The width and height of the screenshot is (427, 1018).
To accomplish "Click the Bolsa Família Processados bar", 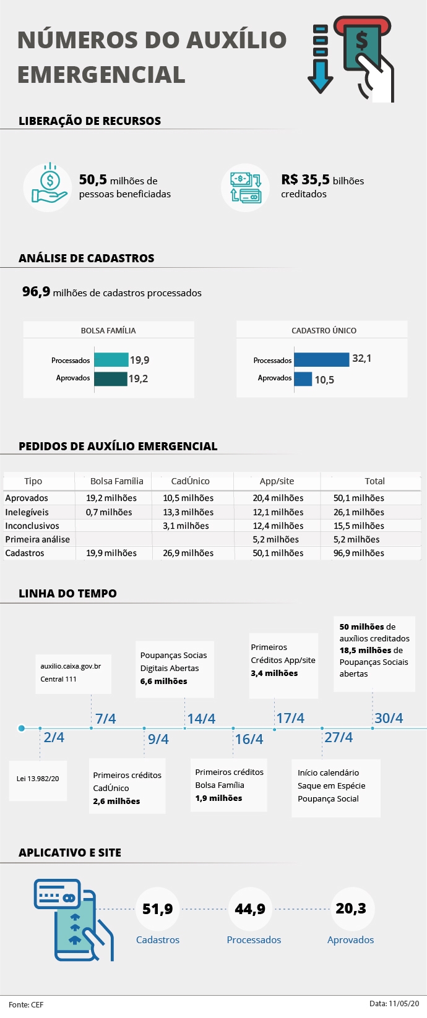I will coord(111,360).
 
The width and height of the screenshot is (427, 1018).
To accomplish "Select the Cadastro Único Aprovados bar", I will coord(303,379).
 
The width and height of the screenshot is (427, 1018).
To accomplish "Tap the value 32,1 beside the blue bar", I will coord(361,359).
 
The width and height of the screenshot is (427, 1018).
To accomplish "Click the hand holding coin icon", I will coord(50,186).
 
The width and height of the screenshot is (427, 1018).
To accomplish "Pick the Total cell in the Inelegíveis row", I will coord(358,512).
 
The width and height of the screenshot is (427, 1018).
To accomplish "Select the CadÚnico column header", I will coord(190,481).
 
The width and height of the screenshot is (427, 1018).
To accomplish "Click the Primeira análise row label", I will coord(37,539).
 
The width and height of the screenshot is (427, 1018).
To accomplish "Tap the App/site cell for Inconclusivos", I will coord(278,526).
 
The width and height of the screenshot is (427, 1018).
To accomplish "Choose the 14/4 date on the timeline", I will coord(201,719).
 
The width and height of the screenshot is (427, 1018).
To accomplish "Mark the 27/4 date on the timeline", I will coord(339,737).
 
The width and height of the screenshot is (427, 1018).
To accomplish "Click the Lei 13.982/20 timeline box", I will coord(38,779).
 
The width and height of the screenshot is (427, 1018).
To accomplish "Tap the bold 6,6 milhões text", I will coord(163,682).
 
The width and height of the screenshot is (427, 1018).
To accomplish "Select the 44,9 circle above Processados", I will coord(250,909).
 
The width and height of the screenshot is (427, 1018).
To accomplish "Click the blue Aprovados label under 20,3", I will coord(350,940).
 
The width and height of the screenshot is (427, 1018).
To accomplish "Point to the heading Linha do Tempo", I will coord(67,594).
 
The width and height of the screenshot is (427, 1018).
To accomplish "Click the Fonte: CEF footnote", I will coord(26,1004).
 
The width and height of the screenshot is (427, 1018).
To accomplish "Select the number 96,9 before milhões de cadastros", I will coord(36,292).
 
